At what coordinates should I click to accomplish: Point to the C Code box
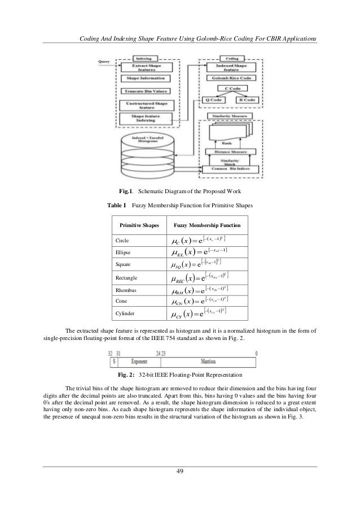pos(231,89)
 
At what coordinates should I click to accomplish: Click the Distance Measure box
pos(229,151)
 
